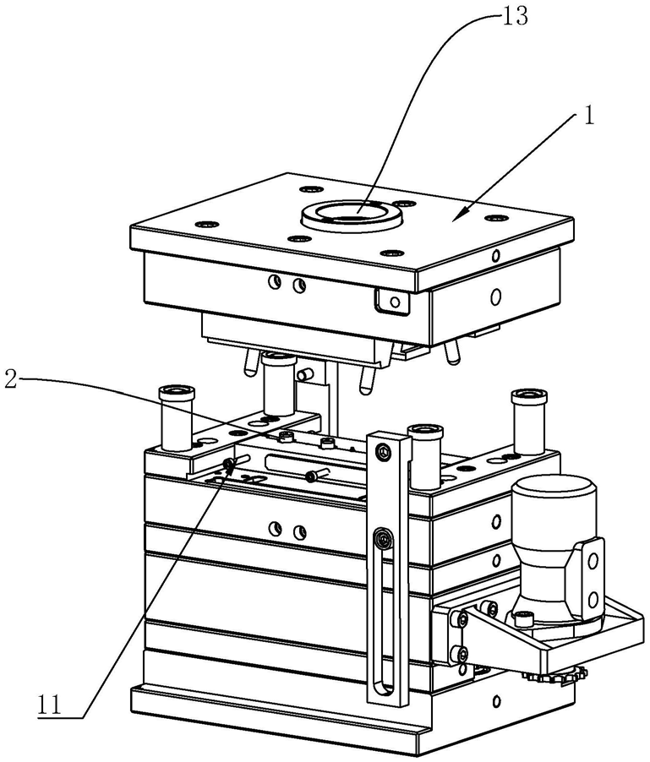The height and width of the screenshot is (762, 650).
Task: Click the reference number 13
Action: pyautogui.click(x=514, y=15)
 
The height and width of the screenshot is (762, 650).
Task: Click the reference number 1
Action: pyautogui.click(x=589, y=116)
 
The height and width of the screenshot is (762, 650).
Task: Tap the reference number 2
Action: pyautogui.click(x=11, y=378)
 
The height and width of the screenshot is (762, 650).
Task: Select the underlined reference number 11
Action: pyautogui.click(x=50, y=705)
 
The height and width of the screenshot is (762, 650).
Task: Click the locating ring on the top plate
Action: pyautogui.click(x=352, y=215)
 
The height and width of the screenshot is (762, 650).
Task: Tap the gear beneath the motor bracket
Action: pyautogui.click(x=555, y=676)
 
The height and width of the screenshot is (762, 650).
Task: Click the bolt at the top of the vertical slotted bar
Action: pyautogui.click(x=384, y=453)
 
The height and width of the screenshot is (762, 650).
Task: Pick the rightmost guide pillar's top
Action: pyautogui.click(x=529, y=396)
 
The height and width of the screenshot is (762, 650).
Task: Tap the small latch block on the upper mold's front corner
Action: pyautogui.click(x=392, y=301)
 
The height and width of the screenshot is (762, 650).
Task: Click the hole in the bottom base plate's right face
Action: pyautogui.click(x=496, y=701)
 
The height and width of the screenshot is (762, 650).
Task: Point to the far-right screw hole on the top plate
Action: pyautogui.click(x=497, y=218)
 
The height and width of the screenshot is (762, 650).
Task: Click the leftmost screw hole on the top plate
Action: pyautogui.click(x=207, y=224)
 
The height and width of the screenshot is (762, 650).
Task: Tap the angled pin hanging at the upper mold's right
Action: pyautogui.click(x=452, y=351)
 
